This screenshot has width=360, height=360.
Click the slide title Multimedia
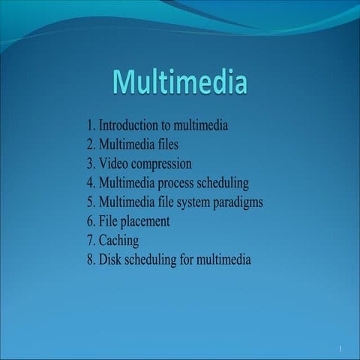(x=180, y=82)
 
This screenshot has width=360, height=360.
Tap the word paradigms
(x=237, y=202)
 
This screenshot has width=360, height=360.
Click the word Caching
(x=119, y=241)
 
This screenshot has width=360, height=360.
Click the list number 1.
(x=91, y=125)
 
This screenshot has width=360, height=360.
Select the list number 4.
(x=91, y=183)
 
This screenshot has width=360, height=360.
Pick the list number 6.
(x=91, y=222)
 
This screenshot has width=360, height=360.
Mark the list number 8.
(x=91, y=260)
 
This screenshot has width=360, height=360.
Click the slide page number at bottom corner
(x=340, y=349)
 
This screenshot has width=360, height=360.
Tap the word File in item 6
(x=109, y=222)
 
